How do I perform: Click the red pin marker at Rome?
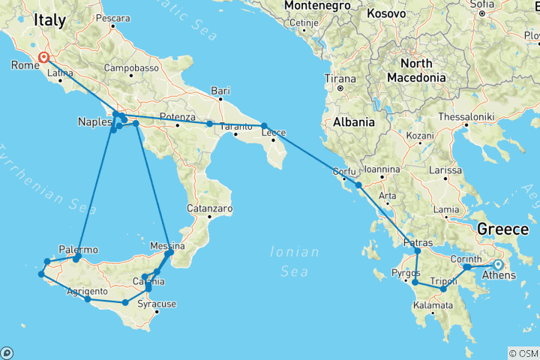44,57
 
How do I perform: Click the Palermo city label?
78,249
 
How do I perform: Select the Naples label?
94,122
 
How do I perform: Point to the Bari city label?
220,91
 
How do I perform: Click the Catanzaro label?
211,208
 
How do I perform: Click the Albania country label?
353,122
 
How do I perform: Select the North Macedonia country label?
416,70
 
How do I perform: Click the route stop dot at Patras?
418,250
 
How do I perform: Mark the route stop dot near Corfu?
358,184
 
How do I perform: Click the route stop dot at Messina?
169,253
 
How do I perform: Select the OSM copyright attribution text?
523,352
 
